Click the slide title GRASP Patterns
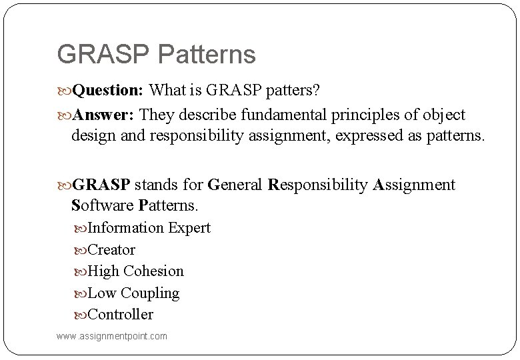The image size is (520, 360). coord(156,55)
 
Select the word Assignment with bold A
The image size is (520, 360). coord(414,185)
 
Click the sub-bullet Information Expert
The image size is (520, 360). coord(149,228)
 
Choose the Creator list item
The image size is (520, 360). coord(111,250)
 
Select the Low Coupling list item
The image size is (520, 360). coord(133,293)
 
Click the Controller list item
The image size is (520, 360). coord(120,315)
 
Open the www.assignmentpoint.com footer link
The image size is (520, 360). coord(112,336)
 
